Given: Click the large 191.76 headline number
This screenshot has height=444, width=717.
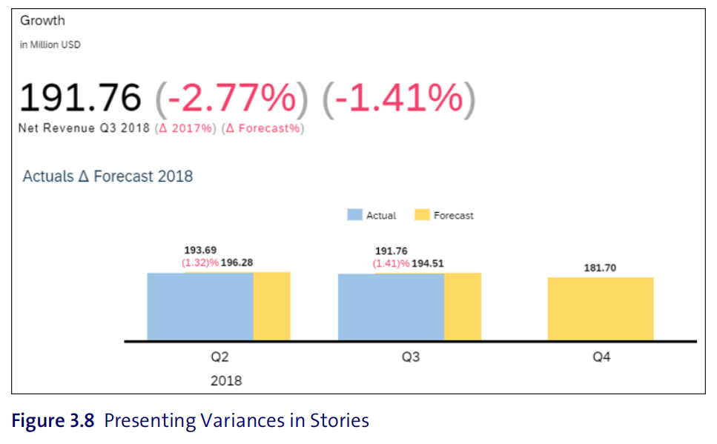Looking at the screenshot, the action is tap(80, 97).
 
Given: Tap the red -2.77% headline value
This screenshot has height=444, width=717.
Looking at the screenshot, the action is tap(232, 97).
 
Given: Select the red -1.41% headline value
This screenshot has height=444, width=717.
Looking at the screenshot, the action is tap(399, 97).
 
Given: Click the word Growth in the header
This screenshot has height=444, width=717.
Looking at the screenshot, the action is tap(42, 21).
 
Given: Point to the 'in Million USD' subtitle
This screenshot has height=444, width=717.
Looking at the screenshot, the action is tap(50, 44).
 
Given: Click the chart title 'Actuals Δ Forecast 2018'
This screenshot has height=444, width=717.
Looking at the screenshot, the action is tap(108, 176).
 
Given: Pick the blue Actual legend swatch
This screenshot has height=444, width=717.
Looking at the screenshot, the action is tap(355, 215).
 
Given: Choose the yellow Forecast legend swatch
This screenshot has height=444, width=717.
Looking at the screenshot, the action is tap(422, 215).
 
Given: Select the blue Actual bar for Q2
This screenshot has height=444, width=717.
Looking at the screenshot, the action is tap(200, 307).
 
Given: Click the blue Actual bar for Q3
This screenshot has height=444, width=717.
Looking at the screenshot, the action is tap(391, 308).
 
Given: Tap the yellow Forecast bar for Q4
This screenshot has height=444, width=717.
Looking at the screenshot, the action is tap(601, 309).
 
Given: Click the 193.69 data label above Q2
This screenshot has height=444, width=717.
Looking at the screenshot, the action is tap(200, 250).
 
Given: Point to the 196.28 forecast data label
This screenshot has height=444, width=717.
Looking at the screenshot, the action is tap(237, 262).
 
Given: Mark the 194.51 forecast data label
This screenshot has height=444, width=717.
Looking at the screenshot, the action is tap(428, 263).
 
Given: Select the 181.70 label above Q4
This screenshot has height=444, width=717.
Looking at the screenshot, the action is tap(600, 268).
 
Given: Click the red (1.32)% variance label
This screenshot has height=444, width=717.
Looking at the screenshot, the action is tap(200, 263).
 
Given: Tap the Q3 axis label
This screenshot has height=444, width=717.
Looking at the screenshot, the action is tap(411, 357).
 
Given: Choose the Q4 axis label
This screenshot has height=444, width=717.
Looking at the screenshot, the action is tap(601, 357).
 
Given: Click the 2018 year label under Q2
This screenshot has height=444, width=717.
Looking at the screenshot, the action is tap(226, 380).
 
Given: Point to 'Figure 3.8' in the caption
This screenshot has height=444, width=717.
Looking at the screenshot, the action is tap(53, 420).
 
